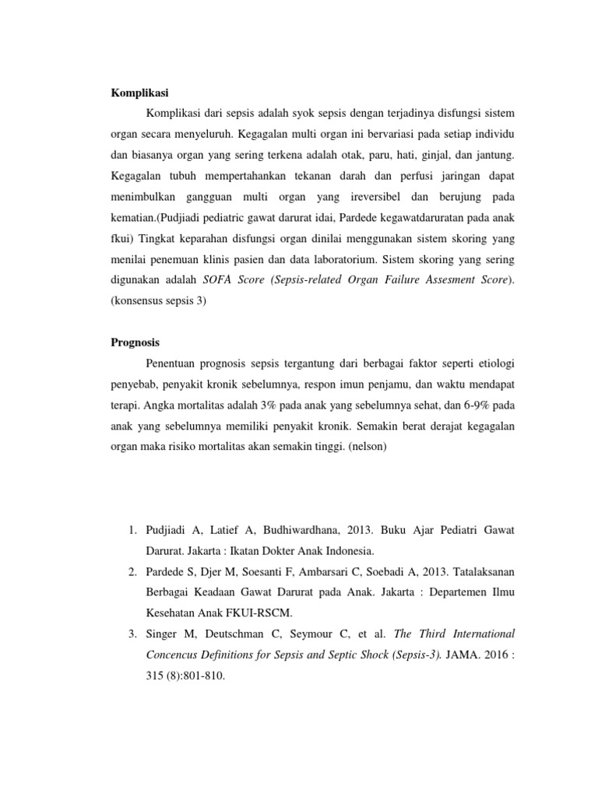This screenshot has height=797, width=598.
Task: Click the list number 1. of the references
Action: click(130, 530)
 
